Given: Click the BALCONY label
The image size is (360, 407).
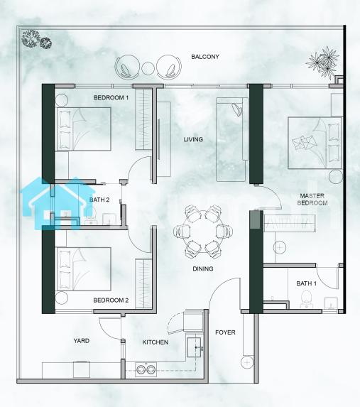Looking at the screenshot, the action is click(205, 57).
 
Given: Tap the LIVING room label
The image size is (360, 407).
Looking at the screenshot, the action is click(193, 139).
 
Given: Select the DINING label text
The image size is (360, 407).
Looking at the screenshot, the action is click(202, 268).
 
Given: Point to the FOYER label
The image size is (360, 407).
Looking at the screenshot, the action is click(225, 332).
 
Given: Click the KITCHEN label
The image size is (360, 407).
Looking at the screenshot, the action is click(156, 342).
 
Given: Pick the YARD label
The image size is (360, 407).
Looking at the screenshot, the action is click(81, 340).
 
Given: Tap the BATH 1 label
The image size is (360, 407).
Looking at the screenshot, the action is click(306, 283).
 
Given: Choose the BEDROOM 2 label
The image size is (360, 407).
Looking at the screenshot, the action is click(111, 300).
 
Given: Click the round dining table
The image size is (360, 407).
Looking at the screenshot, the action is click(203, 232).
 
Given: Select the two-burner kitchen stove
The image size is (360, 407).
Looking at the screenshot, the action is click(146, 369).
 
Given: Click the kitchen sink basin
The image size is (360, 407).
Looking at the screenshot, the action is click(194, 347).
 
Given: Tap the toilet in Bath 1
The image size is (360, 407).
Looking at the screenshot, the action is click(306, 299).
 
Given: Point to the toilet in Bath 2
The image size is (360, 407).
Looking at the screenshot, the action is click(90, 215).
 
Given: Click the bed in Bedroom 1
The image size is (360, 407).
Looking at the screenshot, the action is click(84, 129).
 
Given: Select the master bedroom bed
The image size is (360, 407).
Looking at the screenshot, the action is click(315, 143).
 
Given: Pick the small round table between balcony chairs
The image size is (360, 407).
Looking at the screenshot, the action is click(148, 68).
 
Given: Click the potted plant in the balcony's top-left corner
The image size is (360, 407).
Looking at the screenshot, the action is click(36, 40).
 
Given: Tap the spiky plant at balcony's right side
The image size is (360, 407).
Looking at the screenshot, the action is click(322, 63).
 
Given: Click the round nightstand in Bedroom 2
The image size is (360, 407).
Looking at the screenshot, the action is click(62, 298).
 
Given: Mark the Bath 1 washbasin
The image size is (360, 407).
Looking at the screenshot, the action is click(331, 303).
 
